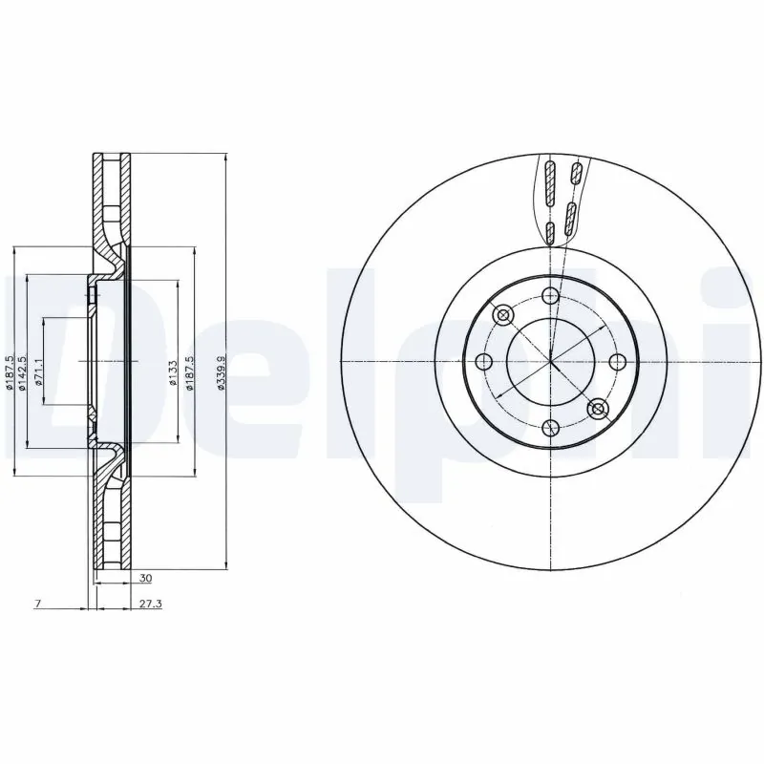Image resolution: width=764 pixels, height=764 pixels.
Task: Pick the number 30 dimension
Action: point(144,579)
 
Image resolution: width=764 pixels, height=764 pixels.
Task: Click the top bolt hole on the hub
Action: point(550,295)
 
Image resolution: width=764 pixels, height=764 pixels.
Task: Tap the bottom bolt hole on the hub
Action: point(550,428)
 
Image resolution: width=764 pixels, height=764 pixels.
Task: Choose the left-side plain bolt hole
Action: point(483,362)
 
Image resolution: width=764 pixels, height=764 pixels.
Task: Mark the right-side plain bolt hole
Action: point(617,362)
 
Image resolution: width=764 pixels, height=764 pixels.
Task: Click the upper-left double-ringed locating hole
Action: point(502,314)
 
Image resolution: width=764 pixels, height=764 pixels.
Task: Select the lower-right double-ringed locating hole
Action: point(598,409)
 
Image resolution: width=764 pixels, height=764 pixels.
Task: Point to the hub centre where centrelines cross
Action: point(550,362)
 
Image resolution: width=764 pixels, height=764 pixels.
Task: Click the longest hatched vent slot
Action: point(549,183)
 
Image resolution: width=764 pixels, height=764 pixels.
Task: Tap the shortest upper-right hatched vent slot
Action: point(576,173)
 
